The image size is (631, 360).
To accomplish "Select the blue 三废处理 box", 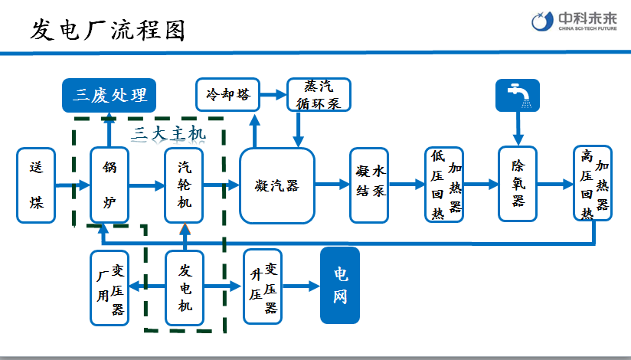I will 109,96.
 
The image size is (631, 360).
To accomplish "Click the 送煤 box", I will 36,185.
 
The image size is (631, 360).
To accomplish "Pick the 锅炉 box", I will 110,185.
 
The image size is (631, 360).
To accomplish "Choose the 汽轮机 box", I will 185,185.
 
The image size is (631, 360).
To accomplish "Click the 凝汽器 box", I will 277,185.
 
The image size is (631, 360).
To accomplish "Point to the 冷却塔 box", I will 227,95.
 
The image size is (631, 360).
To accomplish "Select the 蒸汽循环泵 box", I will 318,95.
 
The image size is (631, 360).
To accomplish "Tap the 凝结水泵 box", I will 369,185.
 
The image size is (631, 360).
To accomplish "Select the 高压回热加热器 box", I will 593,184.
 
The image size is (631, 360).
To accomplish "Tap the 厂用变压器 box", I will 110,289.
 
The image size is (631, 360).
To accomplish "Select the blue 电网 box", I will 339,286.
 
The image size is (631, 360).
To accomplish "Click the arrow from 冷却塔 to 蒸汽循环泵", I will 273,95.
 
